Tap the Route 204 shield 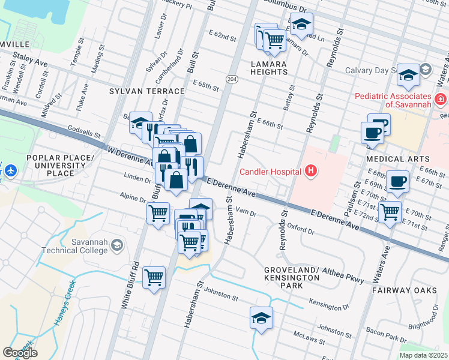[x=232, y=79]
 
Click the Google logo [x=20, y=353]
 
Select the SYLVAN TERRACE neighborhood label [x=147, y=91]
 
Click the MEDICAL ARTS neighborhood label [x=393, y=159]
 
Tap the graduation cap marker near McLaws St [x=261, y=317]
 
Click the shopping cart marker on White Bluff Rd [x=154, y=277]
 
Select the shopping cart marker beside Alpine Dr [x=158, y=212]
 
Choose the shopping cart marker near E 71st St [x=390, y=211]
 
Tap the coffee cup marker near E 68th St [x=397, y=181]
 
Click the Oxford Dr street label [x=301, y=229]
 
